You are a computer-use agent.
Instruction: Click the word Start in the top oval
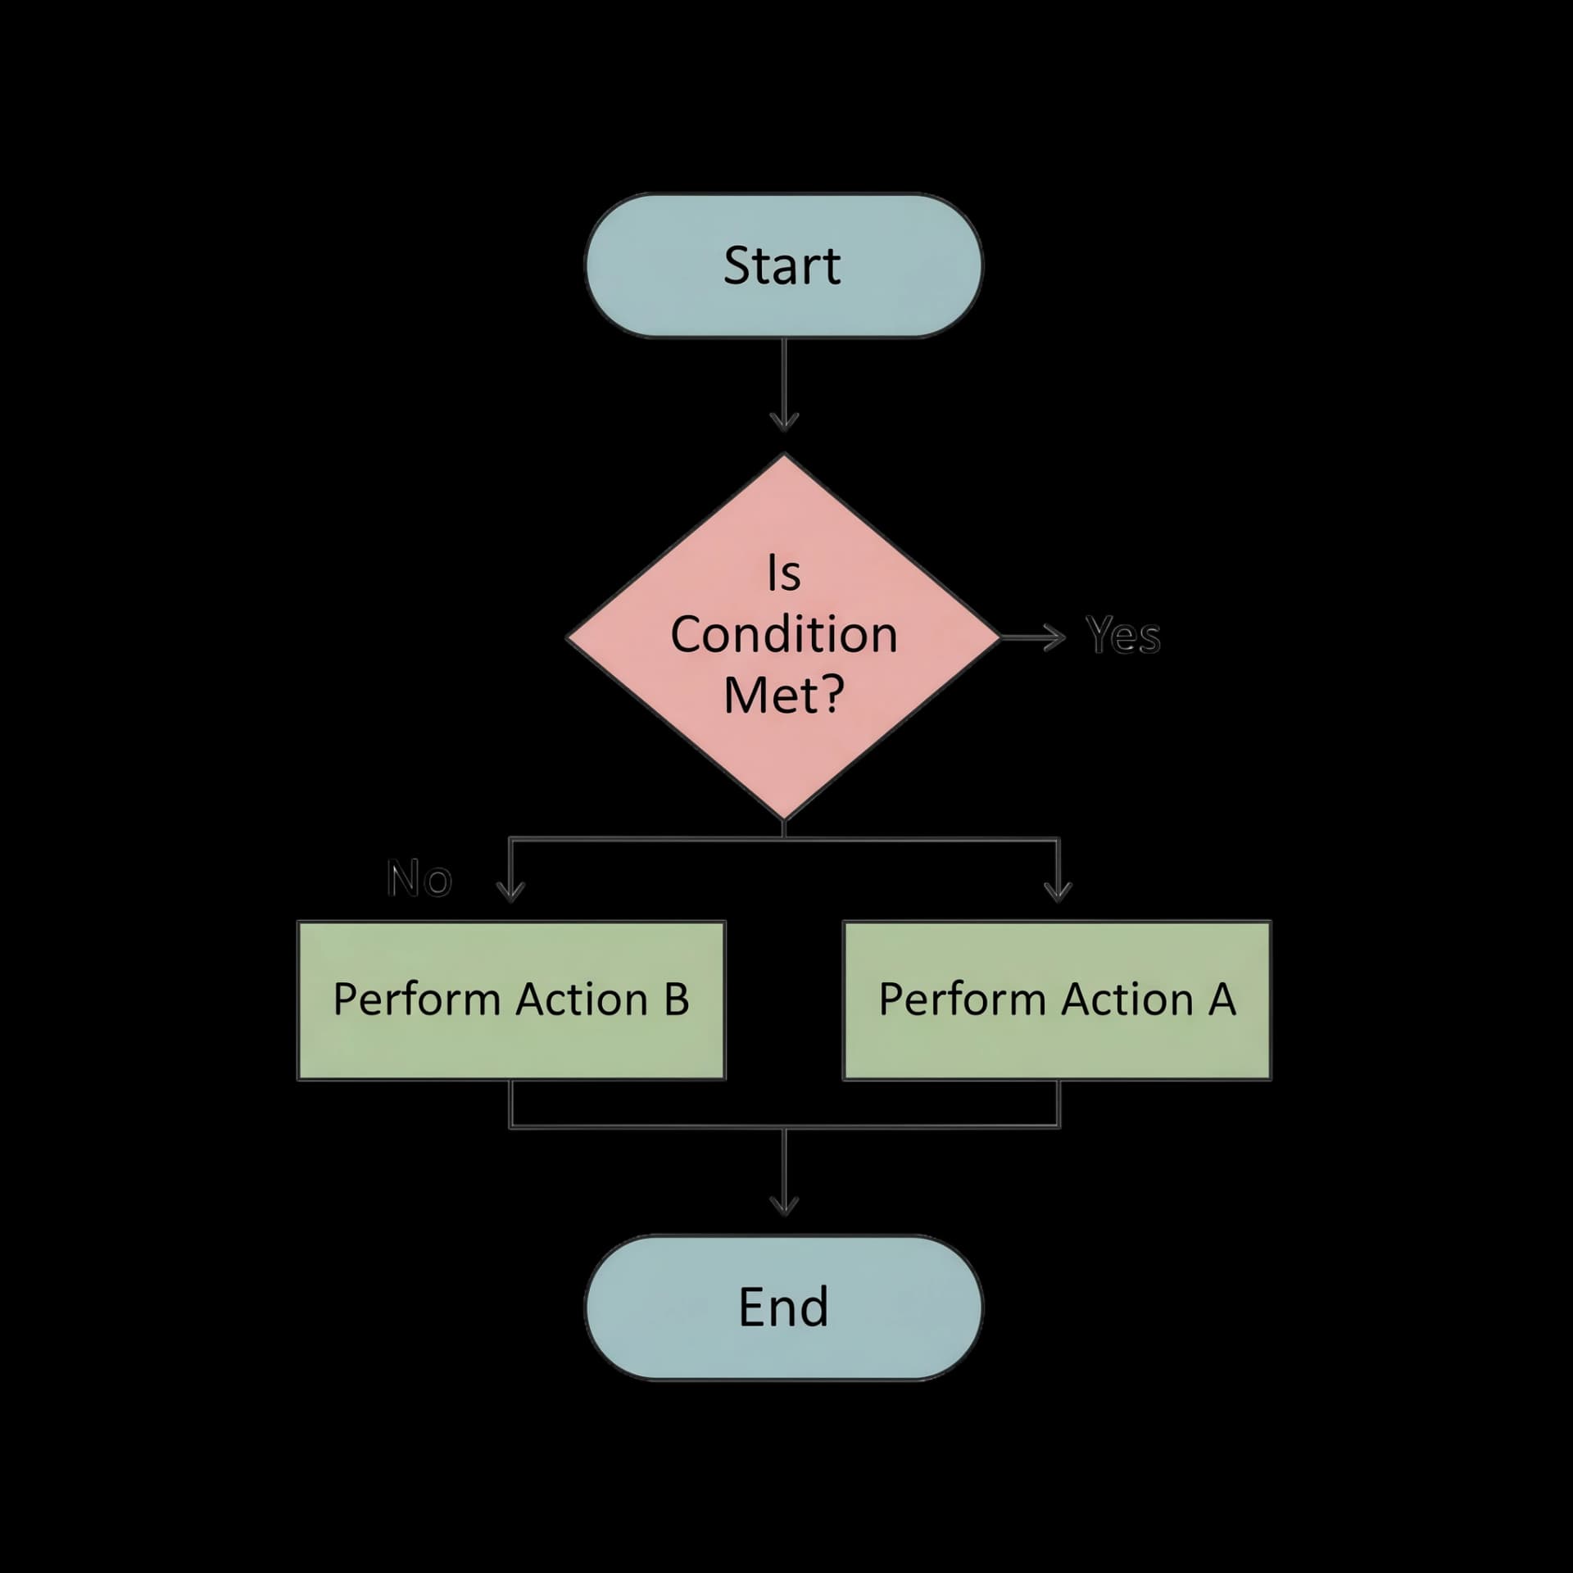pos(782,265)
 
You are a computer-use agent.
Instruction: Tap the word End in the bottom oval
pos(783,1307)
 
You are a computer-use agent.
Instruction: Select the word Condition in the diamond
pos(784,635)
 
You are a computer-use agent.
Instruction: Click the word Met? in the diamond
pos(783,696)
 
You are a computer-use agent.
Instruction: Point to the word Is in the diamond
pos(783,573)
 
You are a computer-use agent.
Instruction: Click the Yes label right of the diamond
pos(1123,636)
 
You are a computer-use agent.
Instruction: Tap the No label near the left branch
pos(419,879)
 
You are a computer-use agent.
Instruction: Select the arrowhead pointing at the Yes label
pos(1058,637)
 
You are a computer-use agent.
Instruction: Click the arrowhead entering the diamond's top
pos(784,423)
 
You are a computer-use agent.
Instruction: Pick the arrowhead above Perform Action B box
pos(510,893)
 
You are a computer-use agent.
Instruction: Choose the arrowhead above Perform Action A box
pos(1058,893)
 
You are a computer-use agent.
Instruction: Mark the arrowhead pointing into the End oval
pos(784,1206)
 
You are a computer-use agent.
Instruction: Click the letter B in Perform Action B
pos(676,1000)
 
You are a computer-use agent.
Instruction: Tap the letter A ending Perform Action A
pos(1222,1000)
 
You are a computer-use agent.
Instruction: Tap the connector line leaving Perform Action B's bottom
pos(510,1104)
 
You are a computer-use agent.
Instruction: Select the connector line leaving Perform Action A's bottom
pos(1058,1104)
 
